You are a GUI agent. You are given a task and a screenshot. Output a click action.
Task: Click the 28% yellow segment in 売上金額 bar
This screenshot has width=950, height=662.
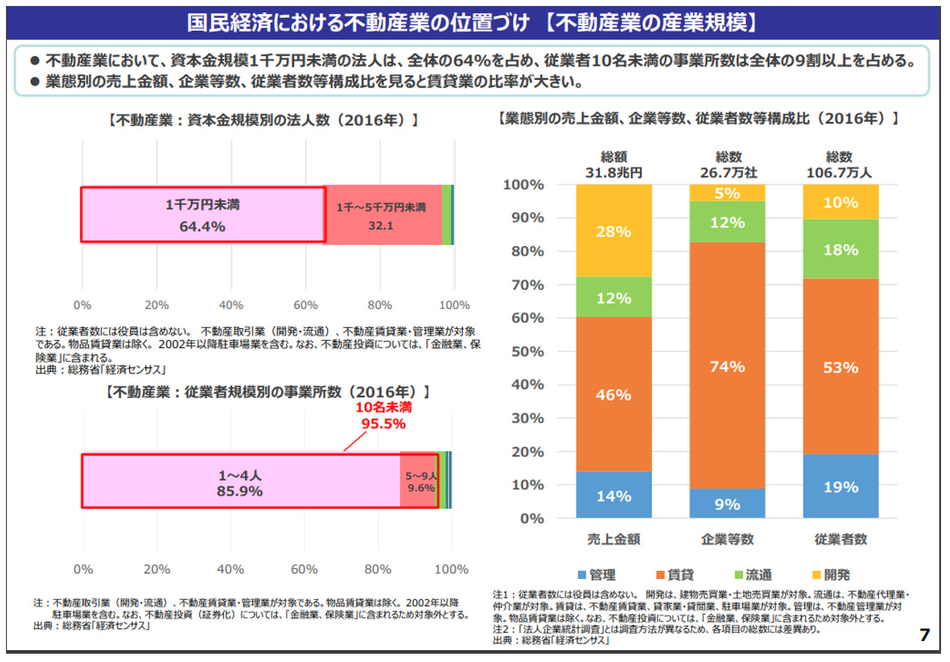(614, 231)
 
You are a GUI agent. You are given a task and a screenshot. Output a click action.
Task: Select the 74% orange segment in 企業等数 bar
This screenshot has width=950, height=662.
(727, 365)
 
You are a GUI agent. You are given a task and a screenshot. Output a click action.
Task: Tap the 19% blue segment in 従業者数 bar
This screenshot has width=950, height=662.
(841, 487)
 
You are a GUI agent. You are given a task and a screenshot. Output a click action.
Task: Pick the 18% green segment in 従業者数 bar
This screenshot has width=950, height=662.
(841, 250)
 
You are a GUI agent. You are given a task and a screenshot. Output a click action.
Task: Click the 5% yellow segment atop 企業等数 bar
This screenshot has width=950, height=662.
(727, 194)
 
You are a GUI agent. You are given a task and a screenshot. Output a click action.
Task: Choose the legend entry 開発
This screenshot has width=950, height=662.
(831, 575)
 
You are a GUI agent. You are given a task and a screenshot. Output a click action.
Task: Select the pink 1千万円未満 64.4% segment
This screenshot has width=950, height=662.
(202, 215)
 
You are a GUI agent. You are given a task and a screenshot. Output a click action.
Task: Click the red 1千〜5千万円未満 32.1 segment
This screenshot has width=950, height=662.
(381, 215)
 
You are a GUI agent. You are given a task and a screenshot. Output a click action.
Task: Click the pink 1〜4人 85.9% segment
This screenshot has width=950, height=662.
(240, 483)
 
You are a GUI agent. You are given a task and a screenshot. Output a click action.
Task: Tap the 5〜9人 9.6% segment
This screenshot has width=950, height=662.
(419, 482)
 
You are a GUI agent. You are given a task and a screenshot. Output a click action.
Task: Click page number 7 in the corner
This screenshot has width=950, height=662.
(925, 635)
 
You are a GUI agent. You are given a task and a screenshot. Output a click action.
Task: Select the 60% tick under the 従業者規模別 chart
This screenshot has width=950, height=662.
(304, 569)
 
